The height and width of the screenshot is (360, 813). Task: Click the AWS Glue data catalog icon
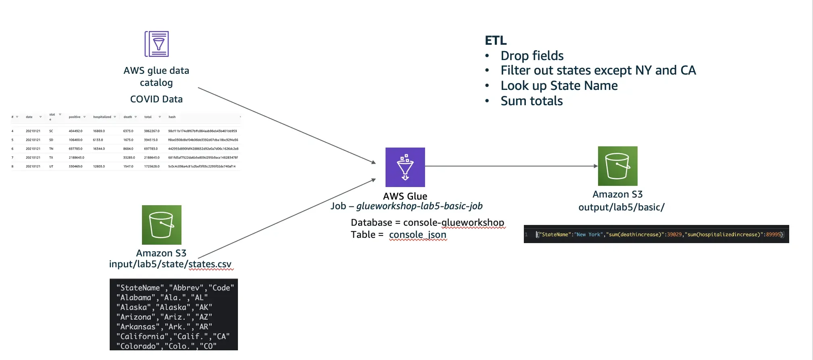(156, 44)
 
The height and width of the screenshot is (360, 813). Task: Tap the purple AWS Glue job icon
(405, 167)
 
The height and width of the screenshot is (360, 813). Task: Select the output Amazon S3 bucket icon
(617, 166)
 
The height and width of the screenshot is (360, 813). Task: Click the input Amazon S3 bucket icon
(161, 225)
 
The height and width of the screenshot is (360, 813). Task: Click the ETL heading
(496, 40)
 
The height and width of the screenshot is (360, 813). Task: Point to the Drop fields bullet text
(532, 56)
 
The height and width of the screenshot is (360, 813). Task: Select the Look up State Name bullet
(559, 85)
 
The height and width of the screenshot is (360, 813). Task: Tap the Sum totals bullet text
(531, 101)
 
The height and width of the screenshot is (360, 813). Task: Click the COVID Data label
(156, 99)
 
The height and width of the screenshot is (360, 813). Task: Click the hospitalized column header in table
(102, 117)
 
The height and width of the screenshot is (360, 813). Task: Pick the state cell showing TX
(51, 158)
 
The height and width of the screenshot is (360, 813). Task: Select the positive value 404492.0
(75, 131)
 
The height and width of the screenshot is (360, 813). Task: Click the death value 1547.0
(128, 166)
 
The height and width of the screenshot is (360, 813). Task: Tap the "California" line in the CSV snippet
(173, 336)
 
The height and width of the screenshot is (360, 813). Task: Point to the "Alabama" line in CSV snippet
(162, 298)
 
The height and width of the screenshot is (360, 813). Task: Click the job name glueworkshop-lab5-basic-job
(419, 206)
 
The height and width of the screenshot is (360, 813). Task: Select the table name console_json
(417, 235)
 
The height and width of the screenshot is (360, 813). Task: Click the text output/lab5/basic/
(621, 207)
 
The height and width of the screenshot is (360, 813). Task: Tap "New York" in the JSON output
(588, 235)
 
